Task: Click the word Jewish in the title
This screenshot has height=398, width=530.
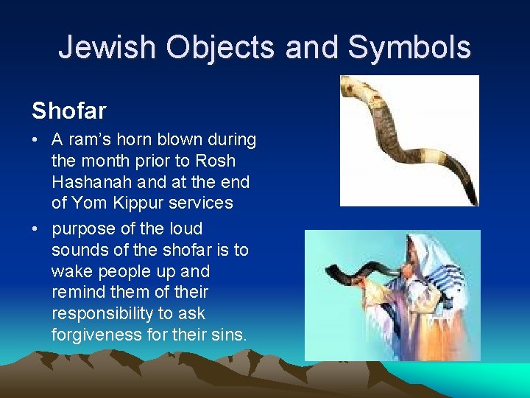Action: tap(107, 47)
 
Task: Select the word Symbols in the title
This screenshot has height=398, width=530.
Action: tap(409, 47)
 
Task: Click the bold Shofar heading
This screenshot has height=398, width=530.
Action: tap(68, 111)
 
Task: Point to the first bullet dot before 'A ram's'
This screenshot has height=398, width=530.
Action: tap(36, 140)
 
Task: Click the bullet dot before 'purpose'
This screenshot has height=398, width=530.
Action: tap(36, 229)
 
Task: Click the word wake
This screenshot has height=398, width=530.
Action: tap(73, 271)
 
